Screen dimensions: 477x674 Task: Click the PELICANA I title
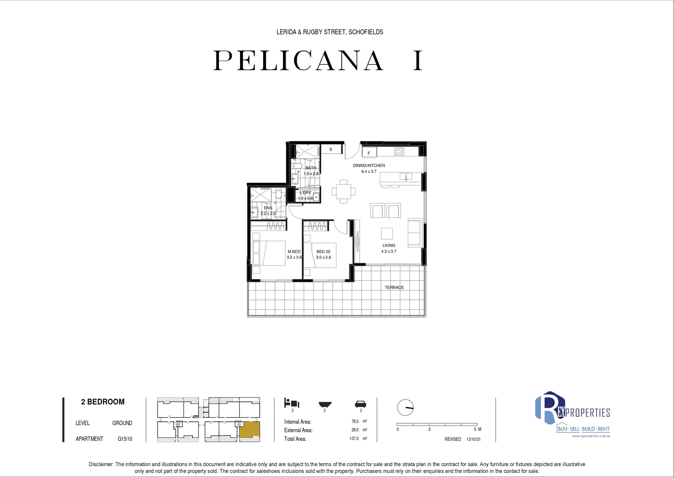(x=318, y=61)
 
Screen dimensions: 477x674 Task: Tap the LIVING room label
(x=388, y=246)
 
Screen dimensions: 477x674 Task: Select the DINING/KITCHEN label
(x=369, y=166)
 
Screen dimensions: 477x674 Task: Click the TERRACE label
(x=394, y=288)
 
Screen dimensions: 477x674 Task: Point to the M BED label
(x=294, y=252)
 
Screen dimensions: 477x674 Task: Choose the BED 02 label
(x=323, y=252)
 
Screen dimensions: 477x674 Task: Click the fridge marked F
(x=369, y=153)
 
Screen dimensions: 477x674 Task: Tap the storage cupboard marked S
(x=331, y=150)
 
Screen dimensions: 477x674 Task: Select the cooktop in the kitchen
(x=399, y=151)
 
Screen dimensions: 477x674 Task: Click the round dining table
(x=343, y=192)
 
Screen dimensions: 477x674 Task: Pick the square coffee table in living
(x=387, y=233)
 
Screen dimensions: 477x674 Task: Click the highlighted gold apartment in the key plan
(x=250, y=431)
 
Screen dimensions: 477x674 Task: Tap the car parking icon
(x=361, y=404)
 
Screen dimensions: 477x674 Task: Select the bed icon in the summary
(x=292, y=403)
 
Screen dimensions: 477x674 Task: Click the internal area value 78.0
(x=355, y=421)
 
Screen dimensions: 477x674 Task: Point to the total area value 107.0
(x=354, y=439)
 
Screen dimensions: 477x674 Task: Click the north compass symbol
(x=405, y=407)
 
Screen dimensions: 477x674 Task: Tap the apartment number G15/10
(x=125, y=439)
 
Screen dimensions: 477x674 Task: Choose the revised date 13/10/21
(x=473, y=439)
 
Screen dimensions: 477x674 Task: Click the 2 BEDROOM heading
(x=103, y=402)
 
